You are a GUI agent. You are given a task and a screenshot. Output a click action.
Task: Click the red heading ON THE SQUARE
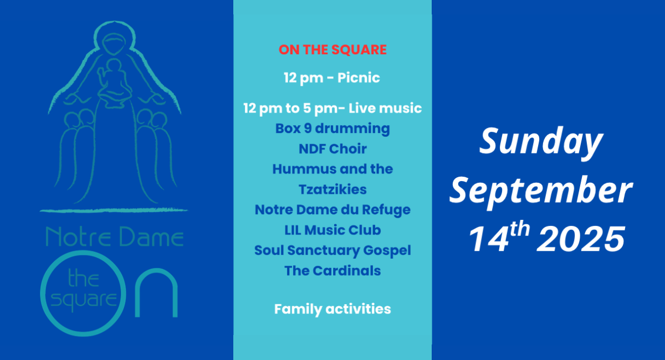(332, 49)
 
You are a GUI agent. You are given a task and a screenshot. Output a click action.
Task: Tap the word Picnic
(359, 78)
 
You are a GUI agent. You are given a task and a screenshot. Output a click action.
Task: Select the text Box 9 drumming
(332, 129)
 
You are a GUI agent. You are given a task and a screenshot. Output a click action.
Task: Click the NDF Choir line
(332, 148)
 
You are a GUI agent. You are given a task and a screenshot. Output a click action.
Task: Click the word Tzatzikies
(332, 189)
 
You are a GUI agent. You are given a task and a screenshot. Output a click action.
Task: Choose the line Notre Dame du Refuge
(332, 210)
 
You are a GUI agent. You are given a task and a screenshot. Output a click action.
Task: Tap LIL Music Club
(332, 230)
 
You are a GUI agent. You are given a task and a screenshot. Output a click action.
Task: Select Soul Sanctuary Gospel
(332, 250)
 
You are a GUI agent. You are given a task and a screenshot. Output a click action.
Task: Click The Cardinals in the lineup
(332, 271)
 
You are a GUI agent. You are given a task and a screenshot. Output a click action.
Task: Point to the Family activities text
(332, 309)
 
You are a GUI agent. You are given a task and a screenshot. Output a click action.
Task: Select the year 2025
(581, 239)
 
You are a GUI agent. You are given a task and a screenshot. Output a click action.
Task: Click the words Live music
(385, 108)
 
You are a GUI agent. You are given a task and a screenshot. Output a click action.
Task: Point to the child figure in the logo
(114, 84)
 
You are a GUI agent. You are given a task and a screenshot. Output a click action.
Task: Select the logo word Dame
(151, 237)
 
